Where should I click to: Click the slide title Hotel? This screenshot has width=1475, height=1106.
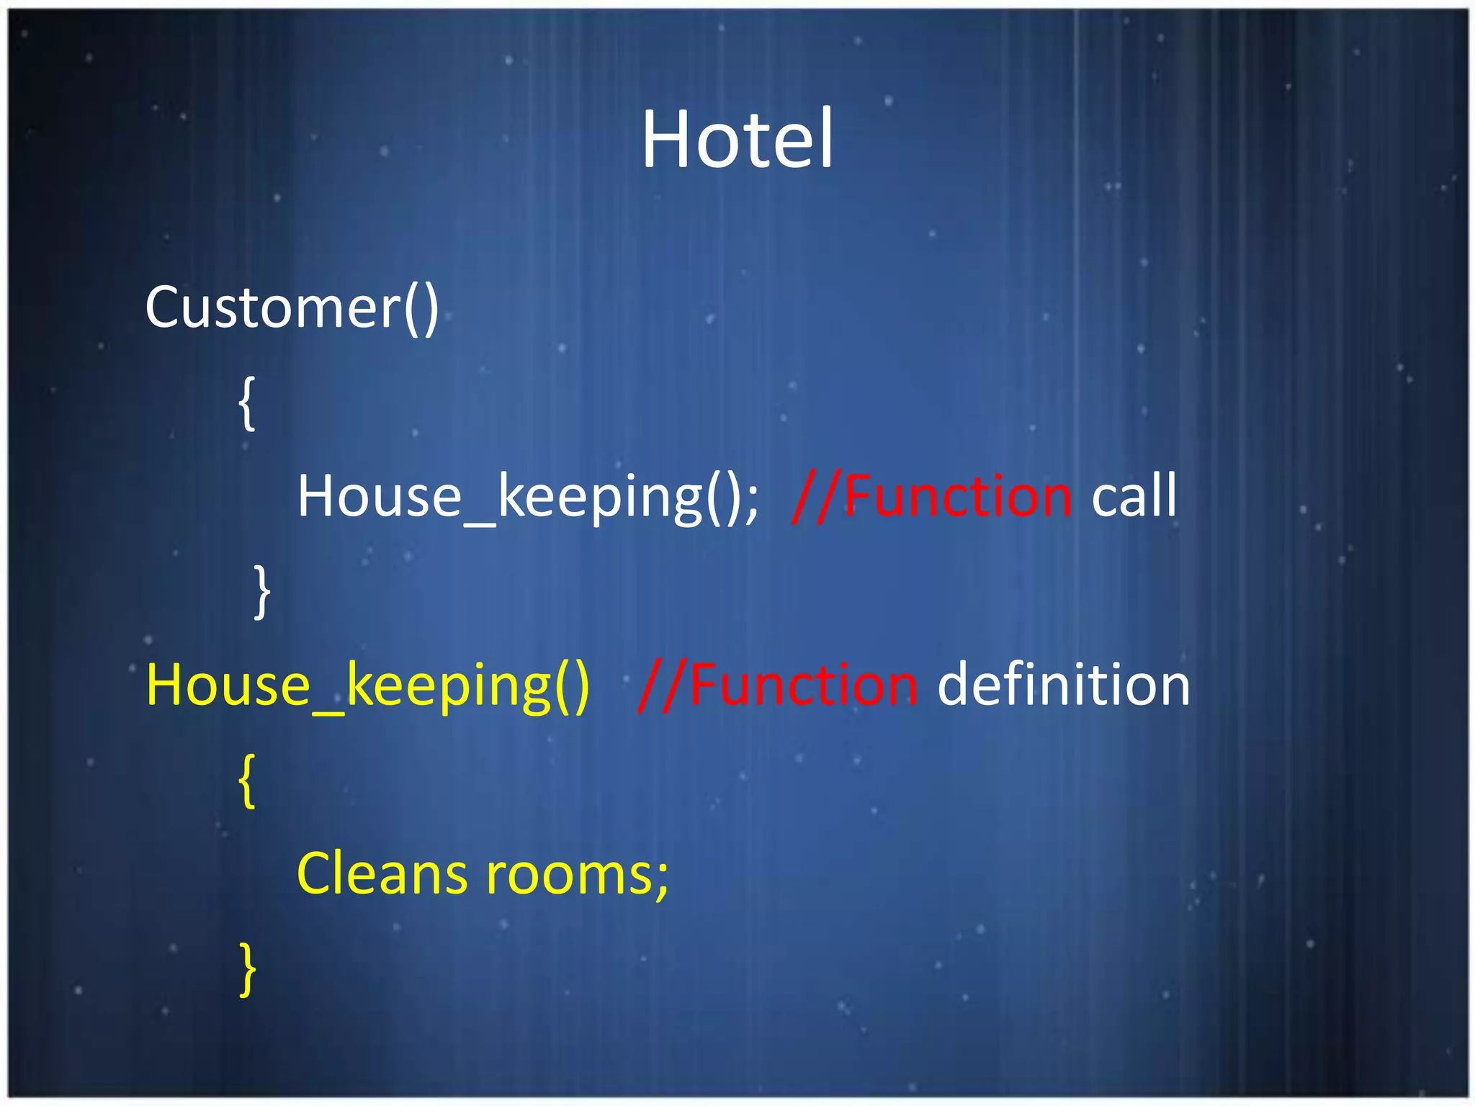737,138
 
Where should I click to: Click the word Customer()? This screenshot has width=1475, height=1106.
292,307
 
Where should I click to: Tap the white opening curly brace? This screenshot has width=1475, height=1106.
247,403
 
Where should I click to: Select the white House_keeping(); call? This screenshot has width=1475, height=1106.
528,497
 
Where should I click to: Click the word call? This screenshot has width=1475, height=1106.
1134,495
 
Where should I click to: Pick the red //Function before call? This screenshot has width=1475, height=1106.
932,495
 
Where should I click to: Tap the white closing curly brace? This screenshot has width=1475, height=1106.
262,592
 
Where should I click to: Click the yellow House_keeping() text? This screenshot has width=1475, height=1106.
367,685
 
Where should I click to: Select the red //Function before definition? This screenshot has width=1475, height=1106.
778,685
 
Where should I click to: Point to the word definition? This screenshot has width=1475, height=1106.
1063,685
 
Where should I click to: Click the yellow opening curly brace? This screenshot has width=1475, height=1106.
247,781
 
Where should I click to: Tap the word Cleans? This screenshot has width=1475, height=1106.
382,873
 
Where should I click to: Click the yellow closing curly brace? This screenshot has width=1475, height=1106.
247,969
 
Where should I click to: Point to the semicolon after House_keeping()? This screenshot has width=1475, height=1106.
751,500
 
